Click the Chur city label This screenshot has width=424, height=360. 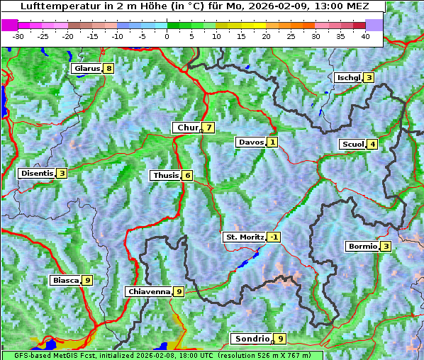coord(187,128)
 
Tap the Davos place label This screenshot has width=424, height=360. coord(251,142)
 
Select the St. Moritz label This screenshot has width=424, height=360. coord(245,237)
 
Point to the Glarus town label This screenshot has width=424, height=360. coord(86,69)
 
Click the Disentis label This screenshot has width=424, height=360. coord(37,173)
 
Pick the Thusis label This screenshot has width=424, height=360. coord(165,175)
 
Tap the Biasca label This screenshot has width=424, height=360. coord(65,280)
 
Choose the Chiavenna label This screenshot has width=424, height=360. coord(149,291)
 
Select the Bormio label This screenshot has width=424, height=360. coord(362,247)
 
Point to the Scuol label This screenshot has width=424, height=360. coord(352,144)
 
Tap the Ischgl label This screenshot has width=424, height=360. coord(349,77)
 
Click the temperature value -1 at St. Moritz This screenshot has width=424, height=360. coord(274,237)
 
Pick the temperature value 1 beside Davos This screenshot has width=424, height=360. coord(272,142)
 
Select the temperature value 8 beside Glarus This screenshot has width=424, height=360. coord(108,69)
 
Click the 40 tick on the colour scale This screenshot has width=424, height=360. coord(366,36)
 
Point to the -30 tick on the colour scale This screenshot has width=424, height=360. coord(18,36)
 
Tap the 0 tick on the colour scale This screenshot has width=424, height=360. coord(167,36)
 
